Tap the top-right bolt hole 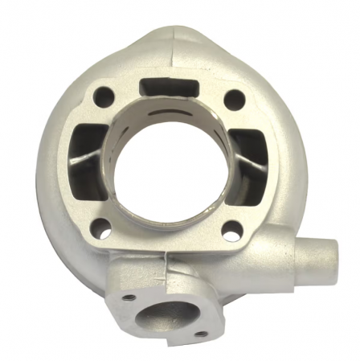tap(233, 100)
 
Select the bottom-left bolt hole tap(99, 228)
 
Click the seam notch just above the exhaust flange tap(164, 260)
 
